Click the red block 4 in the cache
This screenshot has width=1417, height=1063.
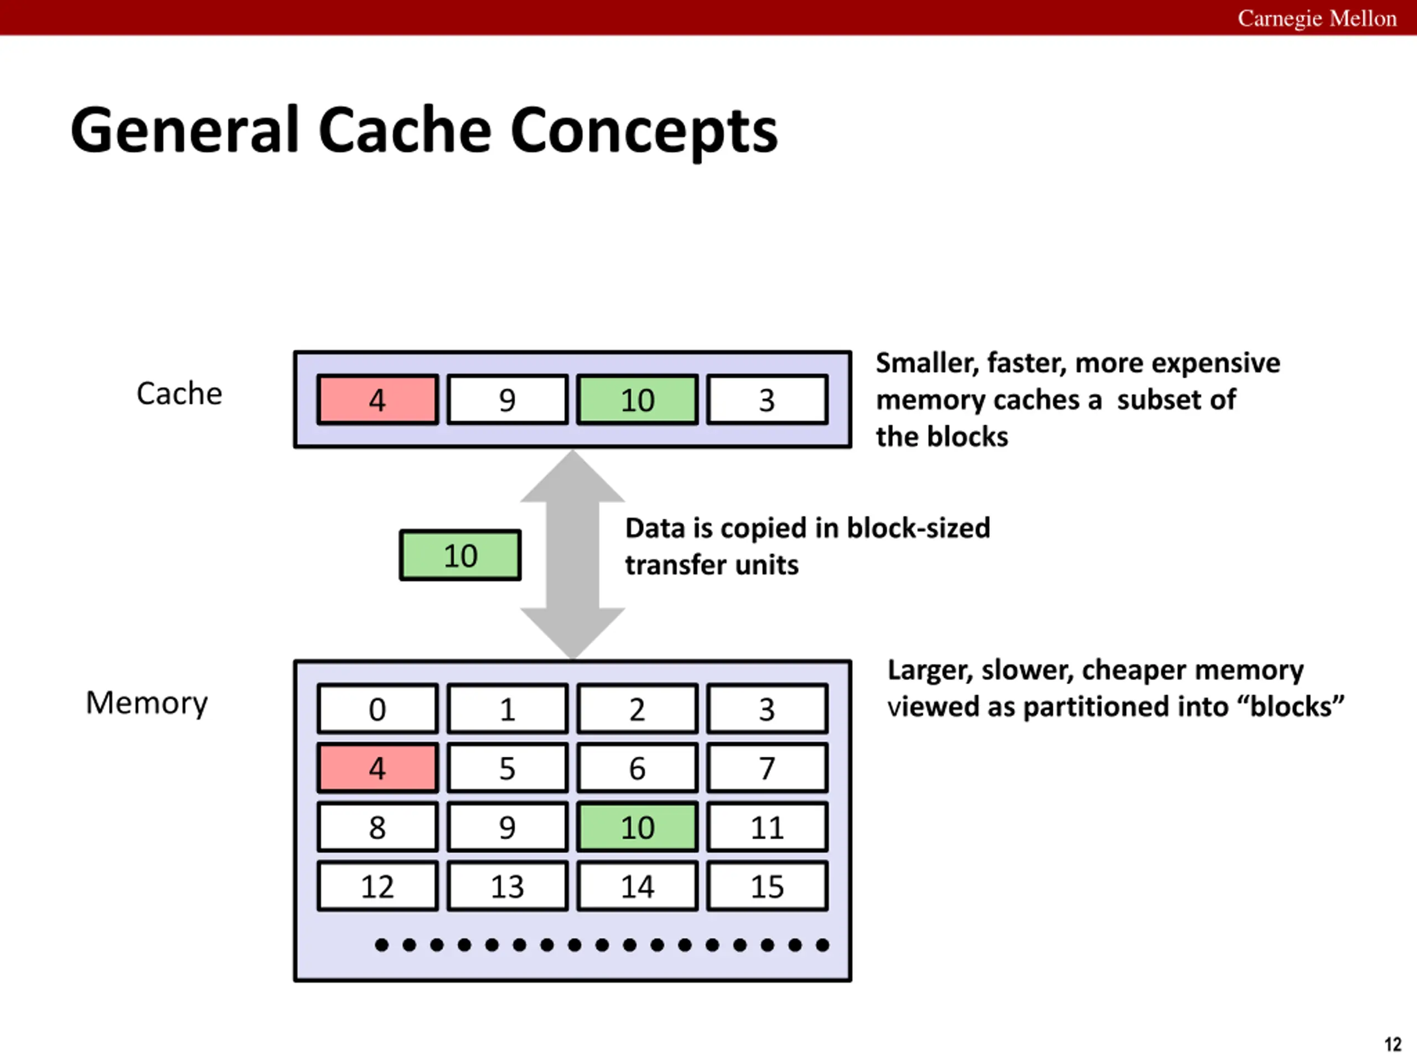pos(377,400)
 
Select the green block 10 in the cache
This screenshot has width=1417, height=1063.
pos(638,400)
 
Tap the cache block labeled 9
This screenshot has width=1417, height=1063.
pos(508,400)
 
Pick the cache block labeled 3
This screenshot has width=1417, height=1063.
pos(767,400)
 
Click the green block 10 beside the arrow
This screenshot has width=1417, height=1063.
pos(460,555)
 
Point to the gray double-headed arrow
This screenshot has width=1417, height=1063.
pos(573,554)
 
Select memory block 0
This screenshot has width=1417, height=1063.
pos(377,709)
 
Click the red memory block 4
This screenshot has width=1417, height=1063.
pos(377,767)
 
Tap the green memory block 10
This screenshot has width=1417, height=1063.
pos(638,827)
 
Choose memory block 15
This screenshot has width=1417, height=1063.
pos(767,886)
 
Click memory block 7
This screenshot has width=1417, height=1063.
pos(767,767)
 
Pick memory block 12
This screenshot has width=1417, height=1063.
pos(377,886)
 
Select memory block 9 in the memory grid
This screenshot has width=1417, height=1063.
pos(508,827)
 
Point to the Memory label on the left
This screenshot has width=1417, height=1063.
pos(147,704)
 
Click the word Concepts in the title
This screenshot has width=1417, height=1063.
pos(644,131)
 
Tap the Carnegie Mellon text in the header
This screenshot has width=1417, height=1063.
pos(1317,18)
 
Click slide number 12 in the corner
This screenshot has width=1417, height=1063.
pos(1393,1044)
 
